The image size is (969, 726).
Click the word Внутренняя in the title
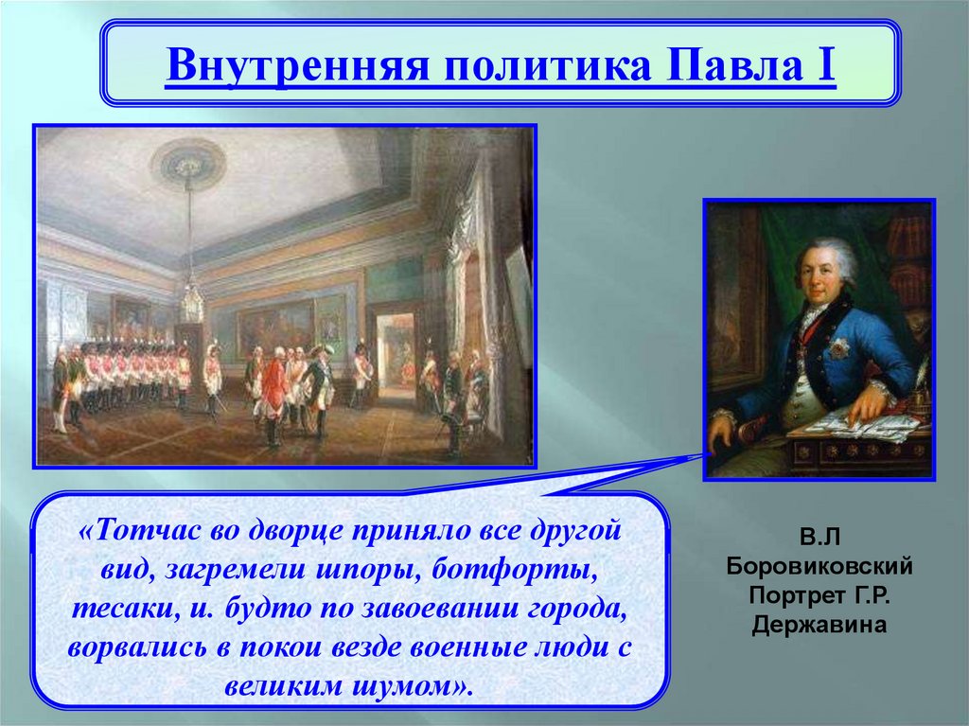tap(297, 64)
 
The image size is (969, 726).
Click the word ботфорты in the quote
tap(514, 568)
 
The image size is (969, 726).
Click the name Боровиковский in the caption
tap(819, 566)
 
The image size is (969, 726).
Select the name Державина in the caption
tap(819, 624)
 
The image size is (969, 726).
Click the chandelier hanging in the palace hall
tap(193, 300)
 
